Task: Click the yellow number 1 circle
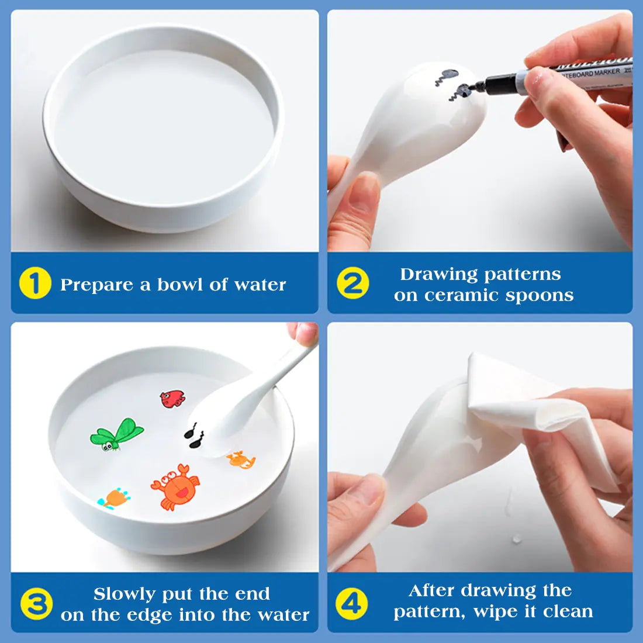pos(35,284)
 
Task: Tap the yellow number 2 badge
pos(352,284)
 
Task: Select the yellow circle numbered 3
pos(36,604)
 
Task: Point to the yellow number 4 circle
pos(351,603)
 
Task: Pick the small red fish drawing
pos(172,399)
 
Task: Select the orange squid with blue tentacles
pos(115,498)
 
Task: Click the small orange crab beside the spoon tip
pos(241,459)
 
